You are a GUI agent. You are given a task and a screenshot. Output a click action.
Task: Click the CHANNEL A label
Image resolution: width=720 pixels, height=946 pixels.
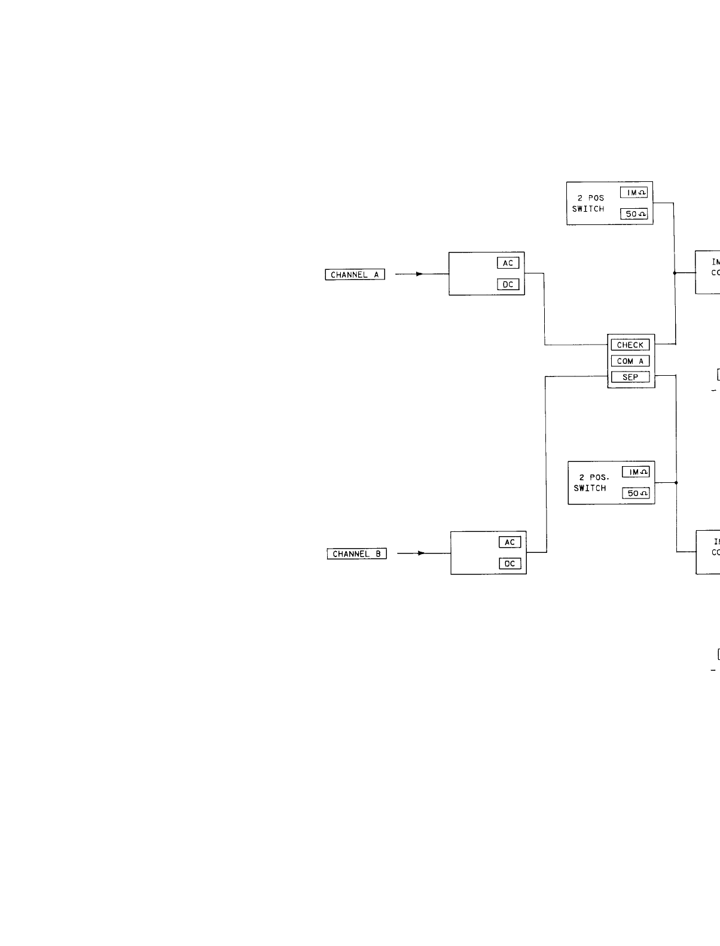(x=355, y=275)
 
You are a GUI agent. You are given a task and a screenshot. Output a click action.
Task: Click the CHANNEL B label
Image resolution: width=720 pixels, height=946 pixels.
(x=357, y=554)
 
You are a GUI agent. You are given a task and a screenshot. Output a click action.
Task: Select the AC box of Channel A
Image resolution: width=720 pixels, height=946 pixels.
(x=508, y=263)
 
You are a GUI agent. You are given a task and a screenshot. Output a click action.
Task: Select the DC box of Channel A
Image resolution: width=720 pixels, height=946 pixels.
(x=508, y=285)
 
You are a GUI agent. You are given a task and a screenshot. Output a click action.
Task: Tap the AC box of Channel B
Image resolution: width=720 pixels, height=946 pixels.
(x=510, y=542)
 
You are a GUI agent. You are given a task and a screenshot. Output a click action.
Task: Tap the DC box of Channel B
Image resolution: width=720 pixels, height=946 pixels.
(x=510, y=564)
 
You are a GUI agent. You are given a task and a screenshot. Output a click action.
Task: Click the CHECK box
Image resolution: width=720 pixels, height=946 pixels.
(x=630, y=345)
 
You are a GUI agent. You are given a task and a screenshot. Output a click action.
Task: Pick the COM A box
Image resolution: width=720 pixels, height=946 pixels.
(x=630, y=361)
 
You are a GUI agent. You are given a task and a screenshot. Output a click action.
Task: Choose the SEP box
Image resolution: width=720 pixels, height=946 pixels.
(x=630, y=377)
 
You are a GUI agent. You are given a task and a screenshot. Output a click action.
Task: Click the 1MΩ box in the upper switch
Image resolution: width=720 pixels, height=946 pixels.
(x=634, y=193)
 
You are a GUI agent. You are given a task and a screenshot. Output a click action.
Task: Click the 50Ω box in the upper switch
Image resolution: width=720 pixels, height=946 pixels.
(x=634, y=214)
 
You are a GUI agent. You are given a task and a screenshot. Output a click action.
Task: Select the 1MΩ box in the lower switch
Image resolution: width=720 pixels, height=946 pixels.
(x=636, y=472)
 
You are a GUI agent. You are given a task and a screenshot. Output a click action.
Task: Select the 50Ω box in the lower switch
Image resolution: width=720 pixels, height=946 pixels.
(x=636, y=493)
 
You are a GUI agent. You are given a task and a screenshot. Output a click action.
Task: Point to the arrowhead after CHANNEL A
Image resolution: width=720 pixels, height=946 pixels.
(x=420, y=274)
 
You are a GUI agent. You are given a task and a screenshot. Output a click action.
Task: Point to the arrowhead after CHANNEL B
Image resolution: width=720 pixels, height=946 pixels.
(x=421, y=553)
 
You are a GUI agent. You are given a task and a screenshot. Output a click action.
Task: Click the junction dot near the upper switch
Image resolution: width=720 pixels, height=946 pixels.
(x=675, y=273)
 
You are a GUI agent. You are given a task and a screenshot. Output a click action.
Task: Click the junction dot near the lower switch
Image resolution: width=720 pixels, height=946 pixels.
(x=676, y=482)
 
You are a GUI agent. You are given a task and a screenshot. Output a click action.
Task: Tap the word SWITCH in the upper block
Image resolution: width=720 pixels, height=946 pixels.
(x=588, y=209)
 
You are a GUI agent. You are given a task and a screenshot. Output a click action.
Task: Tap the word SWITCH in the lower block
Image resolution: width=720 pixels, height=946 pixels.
(x=590, y=488)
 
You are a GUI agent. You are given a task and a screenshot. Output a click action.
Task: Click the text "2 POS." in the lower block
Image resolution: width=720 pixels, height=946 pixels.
(x=594, y=477)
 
